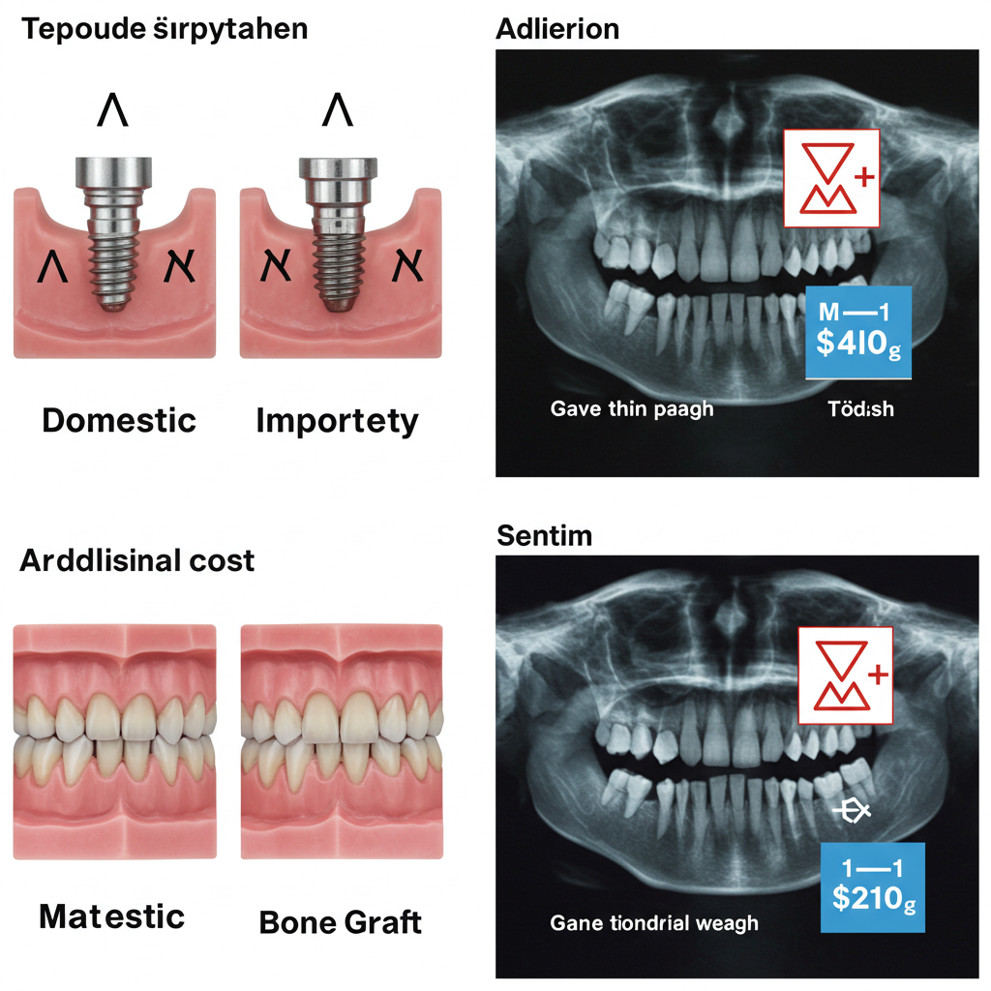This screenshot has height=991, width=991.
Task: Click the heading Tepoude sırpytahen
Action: coord(164,29)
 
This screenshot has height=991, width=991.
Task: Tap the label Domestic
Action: coord(119,420)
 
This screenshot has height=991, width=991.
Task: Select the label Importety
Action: coord(337,420)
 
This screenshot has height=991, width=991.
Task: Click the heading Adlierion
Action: coord(556,29)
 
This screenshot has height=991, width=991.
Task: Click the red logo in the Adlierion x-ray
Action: coord(831,179)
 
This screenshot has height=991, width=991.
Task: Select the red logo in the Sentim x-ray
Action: coord(843,675)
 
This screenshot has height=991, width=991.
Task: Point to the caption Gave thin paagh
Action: coord(631,408)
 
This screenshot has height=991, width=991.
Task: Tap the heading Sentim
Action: coord(543,535)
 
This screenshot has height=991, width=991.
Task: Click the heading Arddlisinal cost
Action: coord(136,560)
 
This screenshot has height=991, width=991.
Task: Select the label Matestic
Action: coord(111,916)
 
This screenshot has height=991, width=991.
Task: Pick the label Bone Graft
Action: coord(341,921)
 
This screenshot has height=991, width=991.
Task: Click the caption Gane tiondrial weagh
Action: coord(653,922)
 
